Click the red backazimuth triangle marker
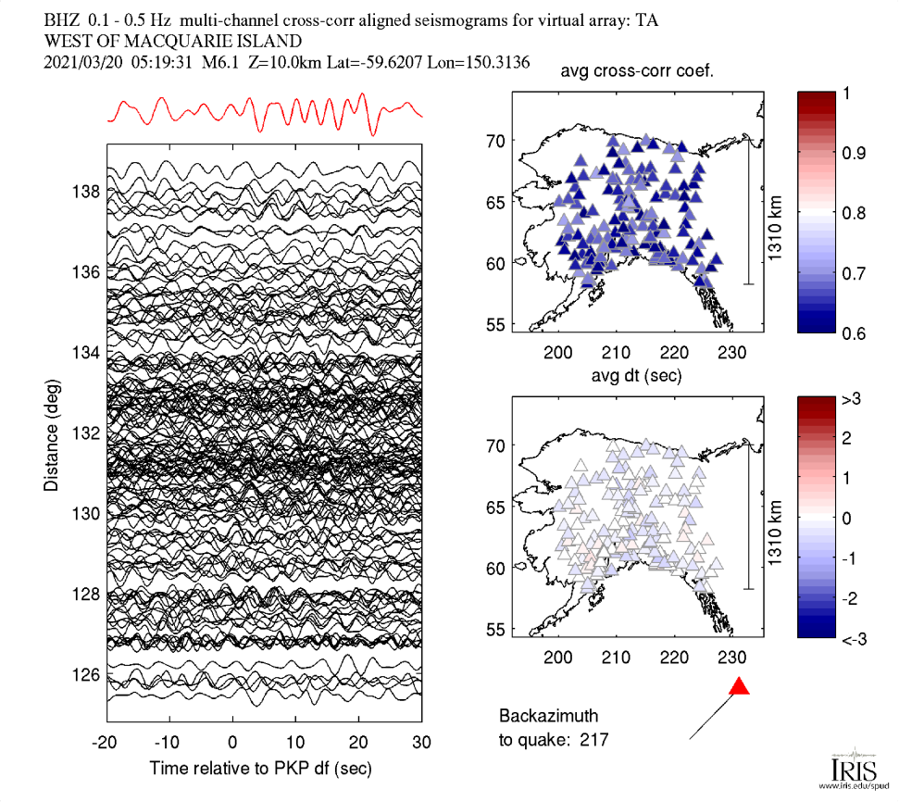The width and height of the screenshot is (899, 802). [x=739, y=686]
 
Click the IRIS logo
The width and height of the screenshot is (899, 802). [x=847, y=769]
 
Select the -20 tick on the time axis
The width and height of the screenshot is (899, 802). [x=106, y=743]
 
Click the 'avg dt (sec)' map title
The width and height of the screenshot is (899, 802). [x=637, y=376]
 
